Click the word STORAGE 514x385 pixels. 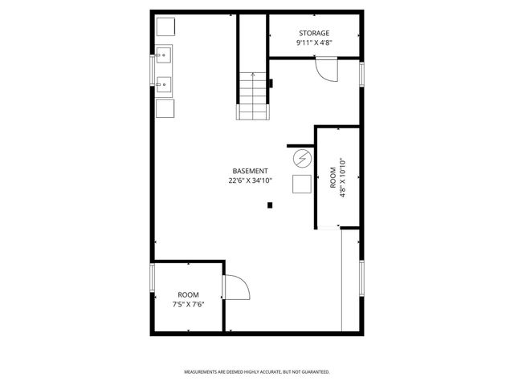point(314,33)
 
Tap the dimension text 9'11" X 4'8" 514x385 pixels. point(314,42)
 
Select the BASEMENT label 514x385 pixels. point(250,171)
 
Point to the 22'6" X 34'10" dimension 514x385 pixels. point(250,180)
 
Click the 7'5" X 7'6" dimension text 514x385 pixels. point(187,305)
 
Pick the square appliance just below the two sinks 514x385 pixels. point(165,109)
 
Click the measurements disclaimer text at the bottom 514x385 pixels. point(257,372)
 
